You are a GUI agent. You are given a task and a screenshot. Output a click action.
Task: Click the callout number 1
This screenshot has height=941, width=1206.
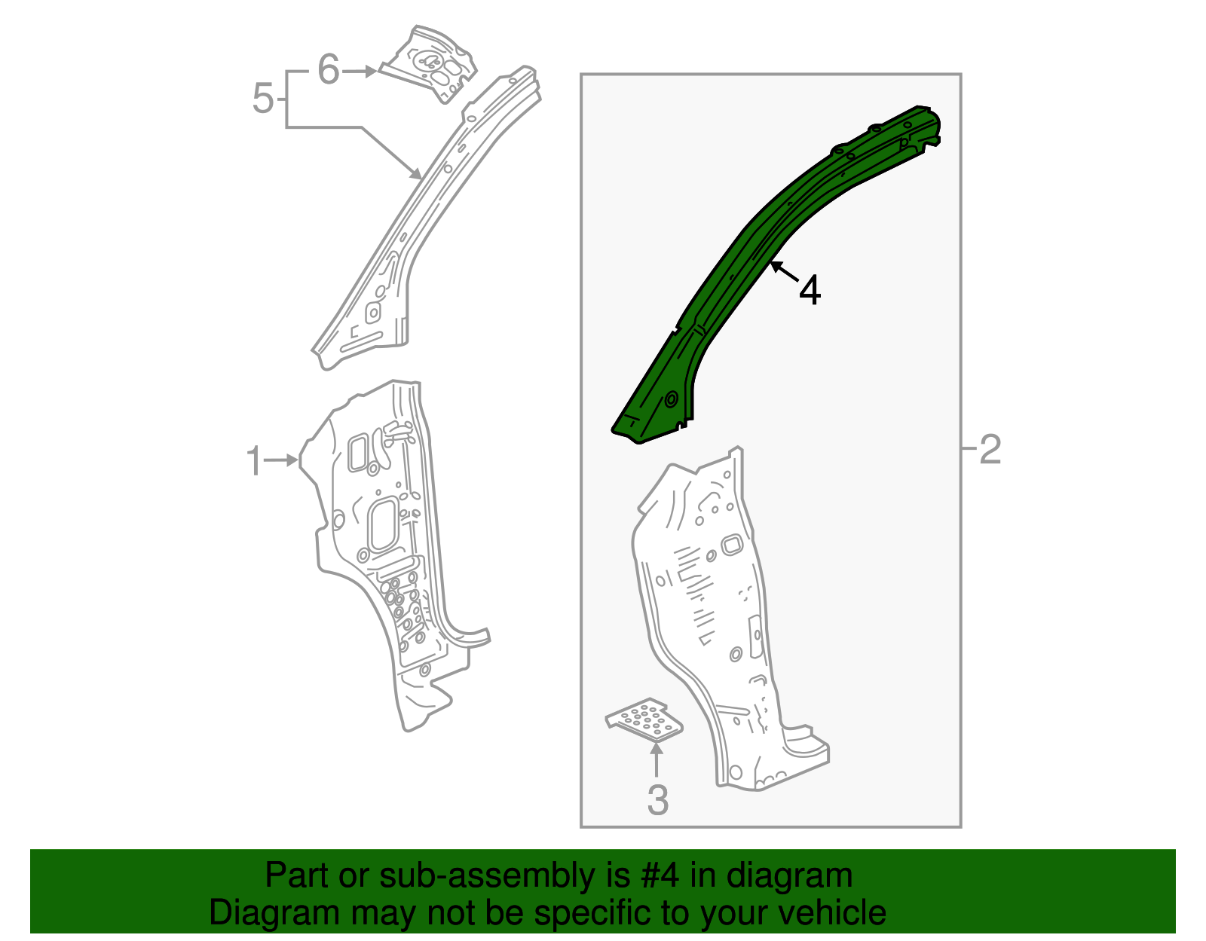tap(255, 460)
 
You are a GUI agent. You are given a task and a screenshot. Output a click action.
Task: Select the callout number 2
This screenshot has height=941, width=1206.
tap(990, 449)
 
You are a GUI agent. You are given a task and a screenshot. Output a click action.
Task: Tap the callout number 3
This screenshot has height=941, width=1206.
tap(657, 800)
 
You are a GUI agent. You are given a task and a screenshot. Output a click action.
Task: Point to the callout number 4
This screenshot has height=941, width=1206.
tap(810, 289)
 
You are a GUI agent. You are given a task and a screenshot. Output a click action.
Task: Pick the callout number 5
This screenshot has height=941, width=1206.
tap(262, 99)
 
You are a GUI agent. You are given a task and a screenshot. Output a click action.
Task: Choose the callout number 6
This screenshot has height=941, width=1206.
tap(329, 70)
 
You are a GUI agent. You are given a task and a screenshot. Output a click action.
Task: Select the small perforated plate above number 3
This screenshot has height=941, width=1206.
tap(645, 717)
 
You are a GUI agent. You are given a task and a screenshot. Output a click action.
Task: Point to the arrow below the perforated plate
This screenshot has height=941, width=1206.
tap(657, 757)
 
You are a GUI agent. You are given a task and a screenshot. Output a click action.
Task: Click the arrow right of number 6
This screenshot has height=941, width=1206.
tap(361, 71)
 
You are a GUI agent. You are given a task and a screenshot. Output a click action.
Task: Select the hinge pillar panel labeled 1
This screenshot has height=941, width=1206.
tap(384, 558)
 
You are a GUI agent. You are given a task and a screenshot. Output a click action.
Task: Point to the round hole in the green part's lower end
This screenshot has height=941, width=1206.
tap(670, 399)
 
